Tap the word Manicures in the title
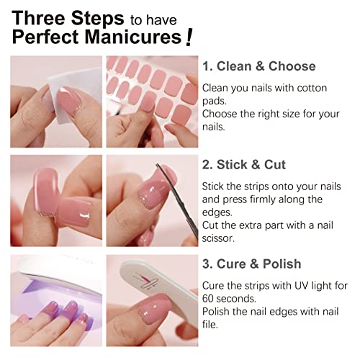(140, 37)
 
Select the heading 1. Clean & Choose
(258, 66)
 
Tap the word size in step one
(289, 112)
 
